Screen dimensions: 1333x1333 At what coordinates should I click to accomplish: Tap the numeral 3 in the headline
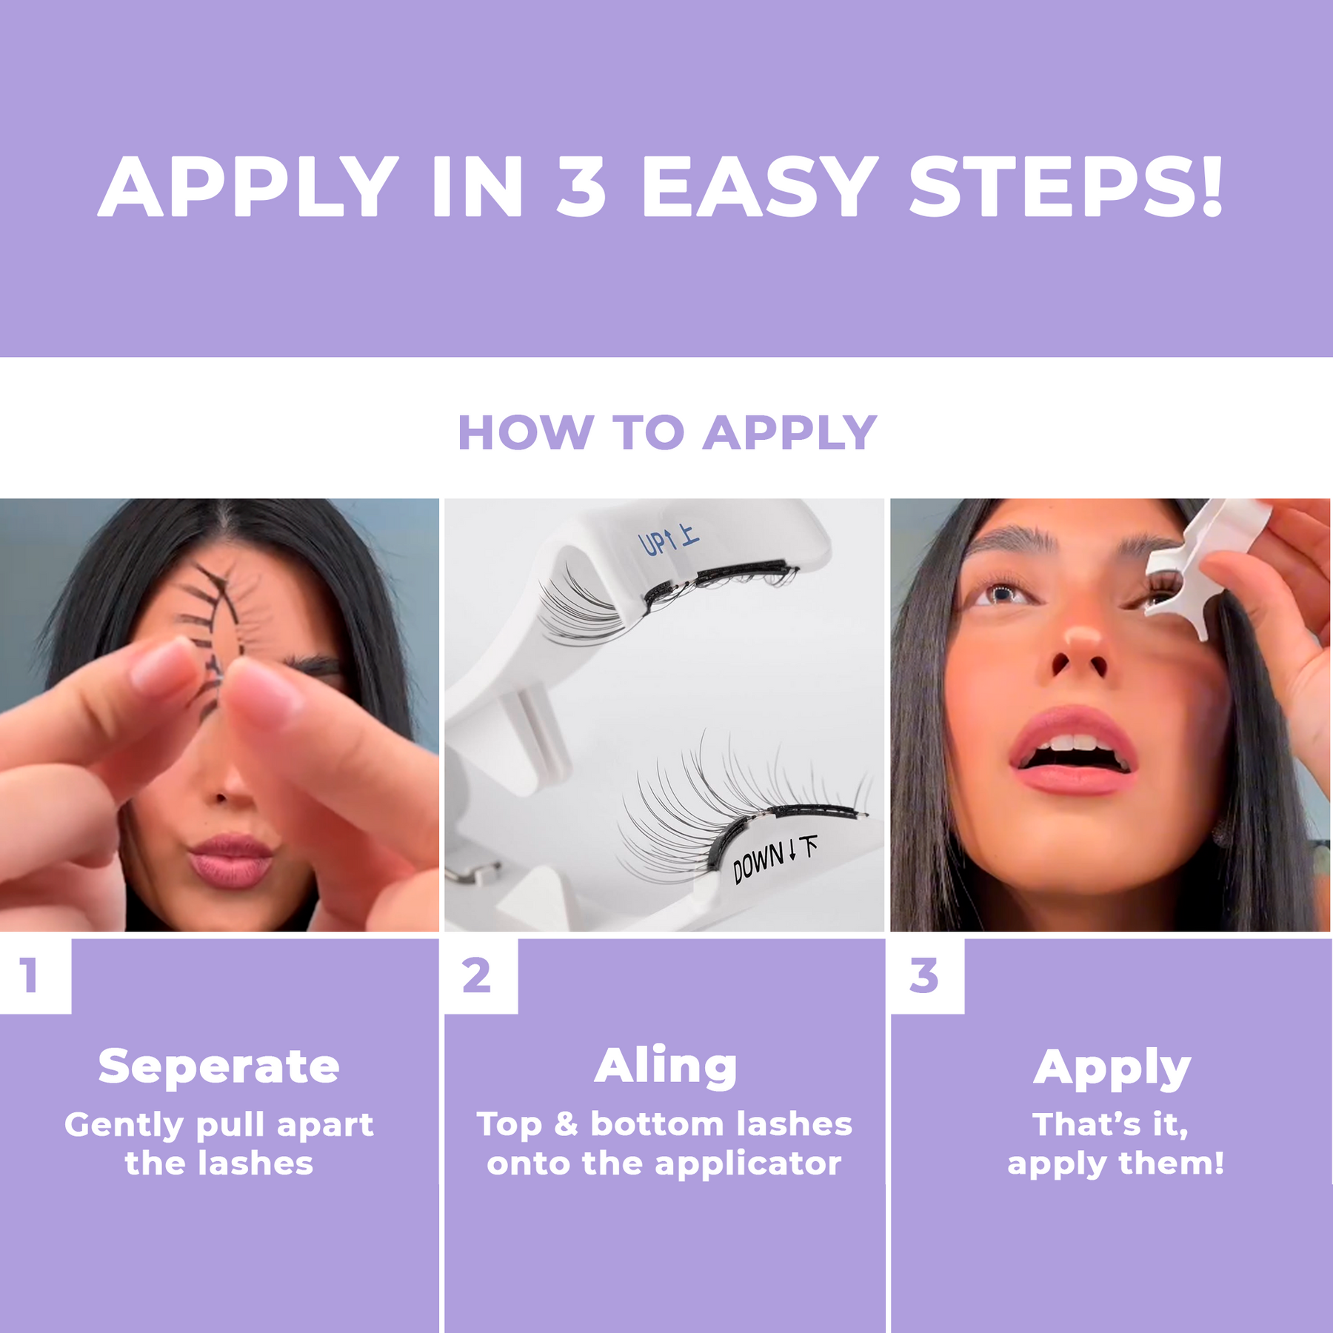pos(581,187)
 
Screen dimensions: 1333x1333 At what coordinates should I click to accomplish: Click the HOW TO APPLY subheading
pos(666,432)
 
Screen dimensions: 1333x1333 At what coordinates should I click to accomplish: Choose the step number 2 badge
pos(478,975)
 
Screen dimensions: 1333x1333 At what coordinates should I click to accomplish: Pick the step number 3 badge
pos(925,975)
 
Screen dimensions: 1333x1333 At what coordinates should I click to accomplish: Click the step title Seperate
pos(219,1067)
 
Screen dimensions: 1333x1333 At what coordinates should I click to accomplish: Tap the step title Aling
pos(666,1066)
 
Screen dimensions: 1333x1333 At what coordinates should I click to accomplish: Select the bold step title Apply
pos(1112,1069)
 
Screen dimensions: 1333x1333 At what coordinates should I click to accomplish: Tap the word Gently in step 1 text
pos(124,1126)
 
